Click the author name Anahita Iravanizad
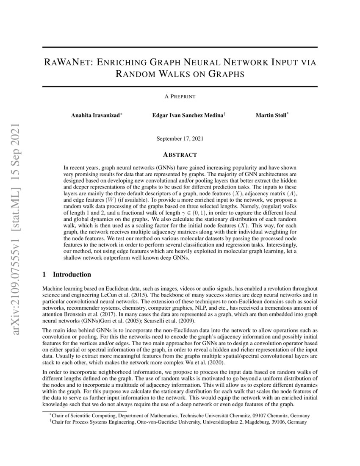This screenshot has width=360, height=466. click(x=95, y=115)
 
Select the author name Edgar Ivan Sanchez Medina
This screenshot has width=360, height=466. click(x=188, y=115)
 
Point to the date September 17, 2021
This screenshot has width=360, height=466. click(x=180, y=139)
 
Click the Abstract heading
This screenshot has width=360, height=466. click(x=180, y=155)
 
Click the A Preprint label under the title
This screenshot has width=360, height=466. click(x=180, y=97)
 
